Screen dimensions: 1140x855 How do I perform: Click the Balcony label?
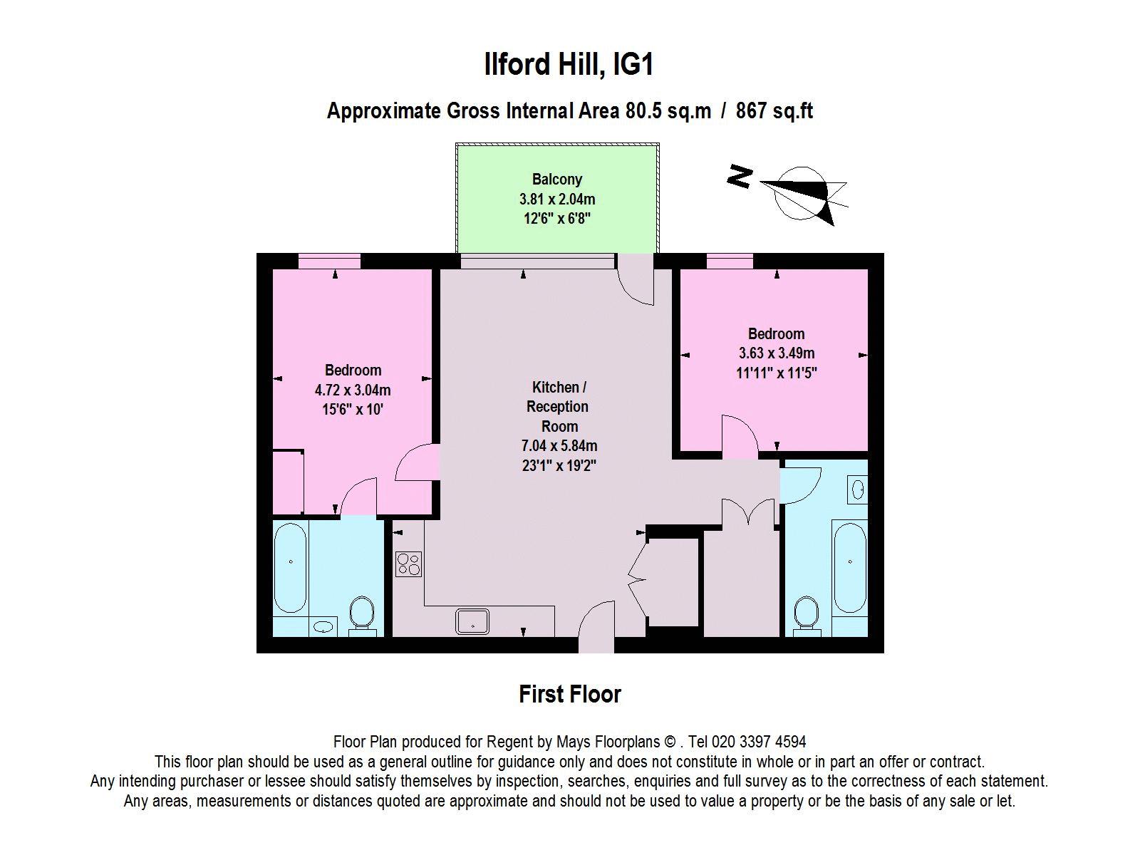point(556,179)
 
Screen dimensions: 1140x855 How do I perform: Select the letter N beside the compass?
point(739,177)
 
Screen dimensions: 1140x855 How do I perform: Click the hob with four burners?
point(408,564)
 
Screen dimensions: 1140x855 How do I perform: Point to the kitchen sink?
point(472,621)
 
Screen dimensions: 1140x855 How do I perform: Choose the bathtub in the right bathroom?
point(850,567)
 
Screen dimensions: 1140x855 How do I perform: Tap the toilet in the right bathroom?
point(806,616)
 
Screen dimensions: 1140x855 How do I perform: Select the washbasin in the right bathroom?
point(857,489)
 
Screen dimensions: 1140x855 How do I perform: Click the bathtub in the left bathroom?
point(290,567)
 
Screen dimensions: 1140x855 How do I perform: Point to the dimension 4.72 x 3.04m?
point(353,390)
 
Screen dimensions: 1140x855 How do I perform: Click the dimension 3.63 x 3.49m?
point(777,353)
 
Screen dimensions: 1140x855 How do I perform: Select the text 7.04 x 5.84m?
point(559,445)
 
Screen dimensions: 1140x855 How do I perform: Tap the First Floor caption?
point(570,694)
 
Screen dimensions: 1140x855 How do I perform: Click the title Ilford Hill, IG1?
point(569,64)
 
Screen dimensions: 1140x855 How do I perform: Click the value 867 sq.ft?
point(774,110)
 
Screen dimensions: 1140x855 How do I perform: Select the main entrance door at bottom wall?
point(596,626)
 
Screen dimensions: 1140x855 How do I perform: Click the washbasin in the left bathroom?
point(323,626)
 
